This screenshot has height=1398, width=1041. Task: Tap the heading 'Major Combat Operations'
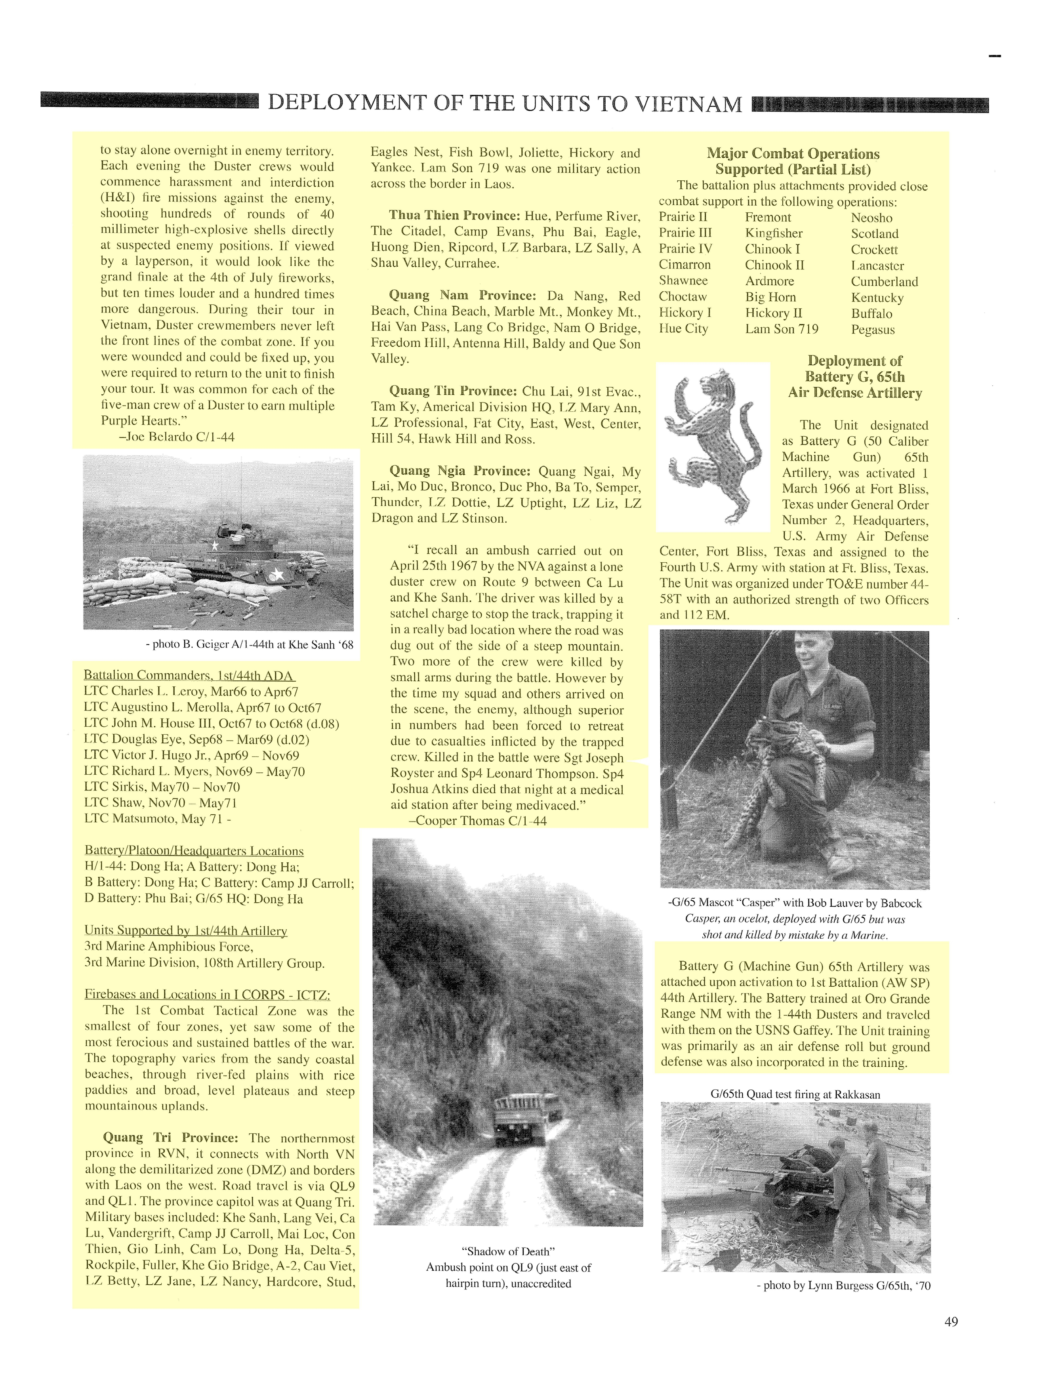click(793, 154)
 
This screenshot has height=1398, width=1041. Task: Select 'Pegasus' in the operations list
click(873, 329)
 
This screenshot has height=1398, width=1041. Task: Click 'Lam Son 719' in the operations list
click(782, 329)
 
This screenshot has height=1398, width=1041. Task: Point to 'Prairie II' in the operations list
click(683, 218)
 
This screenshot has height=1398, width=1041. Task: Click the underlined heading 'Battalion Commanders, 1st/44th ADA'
click(189, 676)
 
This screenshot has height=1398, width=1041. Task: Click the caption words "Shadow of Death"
click(508, 1251)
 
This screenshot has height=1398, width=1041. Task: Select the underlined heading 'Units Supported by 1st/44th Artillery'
click(186, 930)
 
